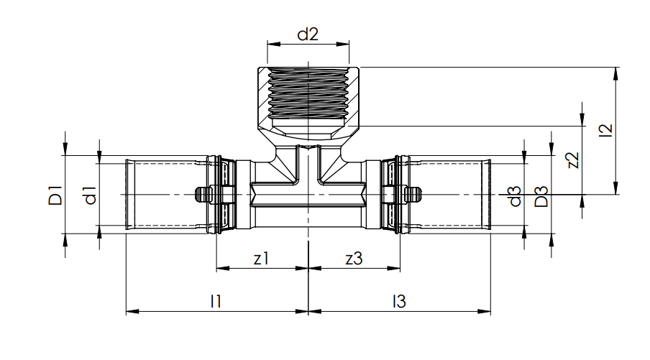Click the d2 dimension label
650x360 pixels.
pyautogui.click(x=308, y=34)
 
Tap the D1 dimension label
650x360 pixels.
pyautogui.click(x=55, y=195)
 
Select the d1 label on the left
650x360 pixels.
pyautogui.click(x=90, y=195)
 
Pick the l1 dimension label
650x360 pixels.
pyautogui.click(x=215, y=302)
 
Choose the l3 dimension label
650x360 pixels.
pyautogui.click(x=399, y=302)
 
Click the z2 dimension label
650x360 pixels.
pyautogui.click(x=572, y=160)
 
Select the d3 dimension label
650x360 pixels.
pyautogui.click(x=514, y=195)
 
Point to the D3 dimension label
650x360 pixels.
pyautogui.click(x=541, y=195)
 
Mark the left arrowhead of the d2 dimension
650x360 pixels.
pyautogui.click(x=271, y=44)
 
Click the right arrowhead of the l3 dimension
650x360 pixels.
pyautogui.click(x=487, y=312)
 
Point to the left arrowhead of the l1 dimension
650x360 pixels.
pyautogui.click(x=130, y=312)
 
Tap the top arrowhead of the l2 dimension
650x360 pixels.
pyautogui.click(x=616, y=71)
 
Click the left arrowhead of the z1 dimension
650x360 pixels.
pyautogui.click(x=221, y=269)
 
